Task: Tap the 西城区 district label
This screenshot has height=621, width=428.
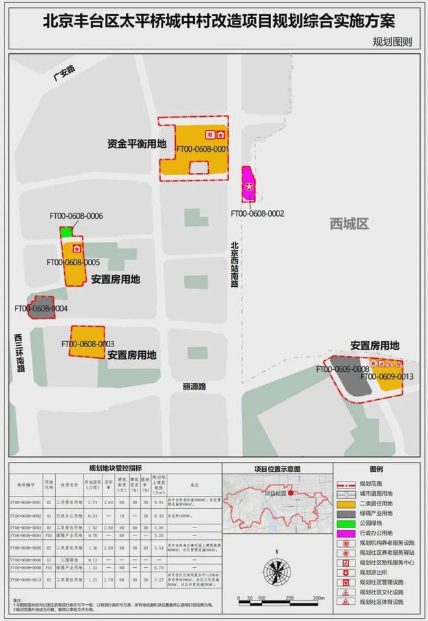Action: [349, 224]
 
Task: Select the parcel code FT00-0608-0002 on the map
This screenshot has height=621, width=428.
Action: [257, 212]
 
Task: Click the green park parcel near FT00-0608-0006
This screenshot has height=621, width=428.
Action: [66, 231]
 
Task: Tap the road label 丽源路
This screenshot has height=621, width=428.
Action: [194, 386]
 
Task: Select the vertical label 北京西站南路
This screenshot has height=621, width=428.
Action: [234, 265]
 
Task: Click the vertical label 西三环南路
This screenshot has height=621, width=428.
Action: [20, 354]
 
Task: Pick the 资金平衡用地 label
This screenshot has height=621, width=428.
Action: [137, 143]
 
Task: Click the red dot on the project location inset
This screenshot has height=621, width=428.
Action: [292, 493]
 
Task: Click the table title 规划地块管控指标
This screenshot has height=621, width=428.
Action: [116, 467]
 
